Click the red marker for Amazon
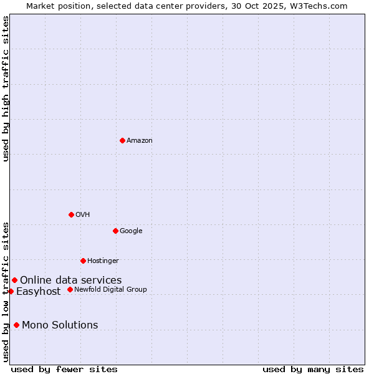click(122, 140)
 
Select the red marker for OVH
click(71, 214)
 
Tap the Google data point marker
click(115, 231)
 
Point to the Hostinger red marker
click(83, 261)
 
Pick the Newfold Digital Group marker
click(70, 289)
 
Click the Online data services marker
click(14, 280)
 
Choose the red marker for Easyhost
click(11, 291)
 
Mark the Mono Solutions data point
click(16, 325)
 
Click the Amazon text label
click(140, 141)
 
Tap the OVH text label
click(83, 215)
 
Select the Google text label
click(131, 231)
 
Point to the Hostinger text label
click(103, 261)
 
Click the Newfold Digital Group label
click(110, 290)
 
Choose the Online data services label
click(70, 280)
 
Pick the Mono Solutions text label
click(60, 325)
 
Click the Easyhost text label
click(39, 292)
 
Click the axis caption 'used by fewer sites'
click(64, 369)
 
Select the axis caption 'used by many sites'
click(313, 369)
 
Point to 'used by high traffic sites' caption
click(6, 89)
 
